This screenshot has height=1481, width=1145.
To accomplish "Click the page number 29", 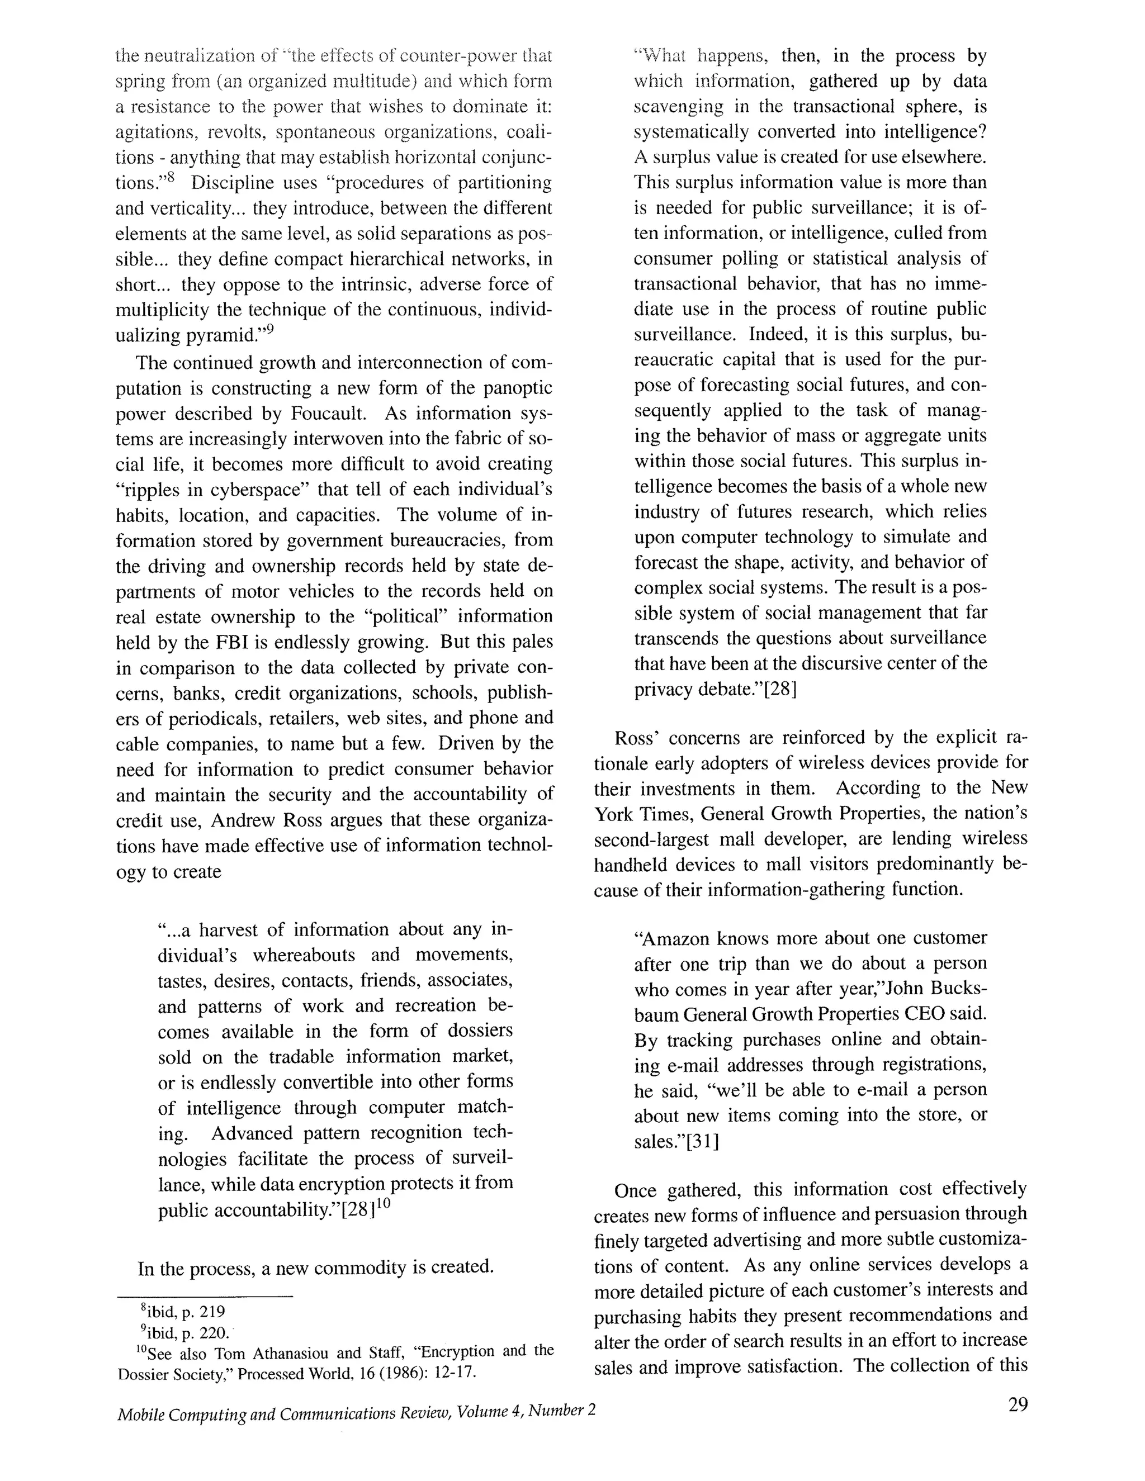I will pos(1018,1404).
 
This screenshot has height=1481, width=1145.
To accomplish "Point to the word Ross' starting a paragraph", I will pos(633,738).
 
